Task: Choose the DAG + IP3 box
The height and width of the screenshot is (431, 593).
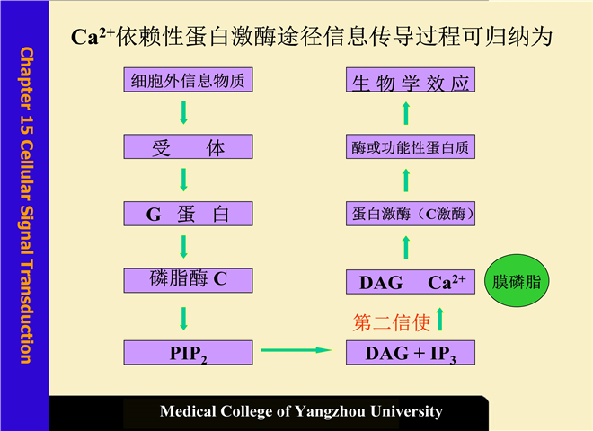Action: [410, 353]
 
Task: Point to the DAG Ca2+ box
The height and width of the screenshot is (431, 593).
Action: [410, 282]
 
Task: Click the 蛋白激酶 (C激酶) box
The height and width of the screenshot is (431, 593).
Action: [410, 214]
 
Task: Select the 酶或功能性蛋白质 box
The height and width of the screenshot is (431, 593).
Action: [410, 146]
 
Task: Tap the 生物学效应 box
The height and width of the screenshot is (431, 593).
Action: [410, 84]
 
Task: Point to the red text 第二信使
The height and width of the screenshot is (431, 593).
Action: [391, 321]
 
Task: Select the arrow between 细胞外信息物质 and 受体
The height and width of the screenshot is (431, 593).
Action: [183, 112]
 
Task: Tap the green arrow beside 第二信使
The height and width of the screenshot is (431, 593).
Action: [440, 319]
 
